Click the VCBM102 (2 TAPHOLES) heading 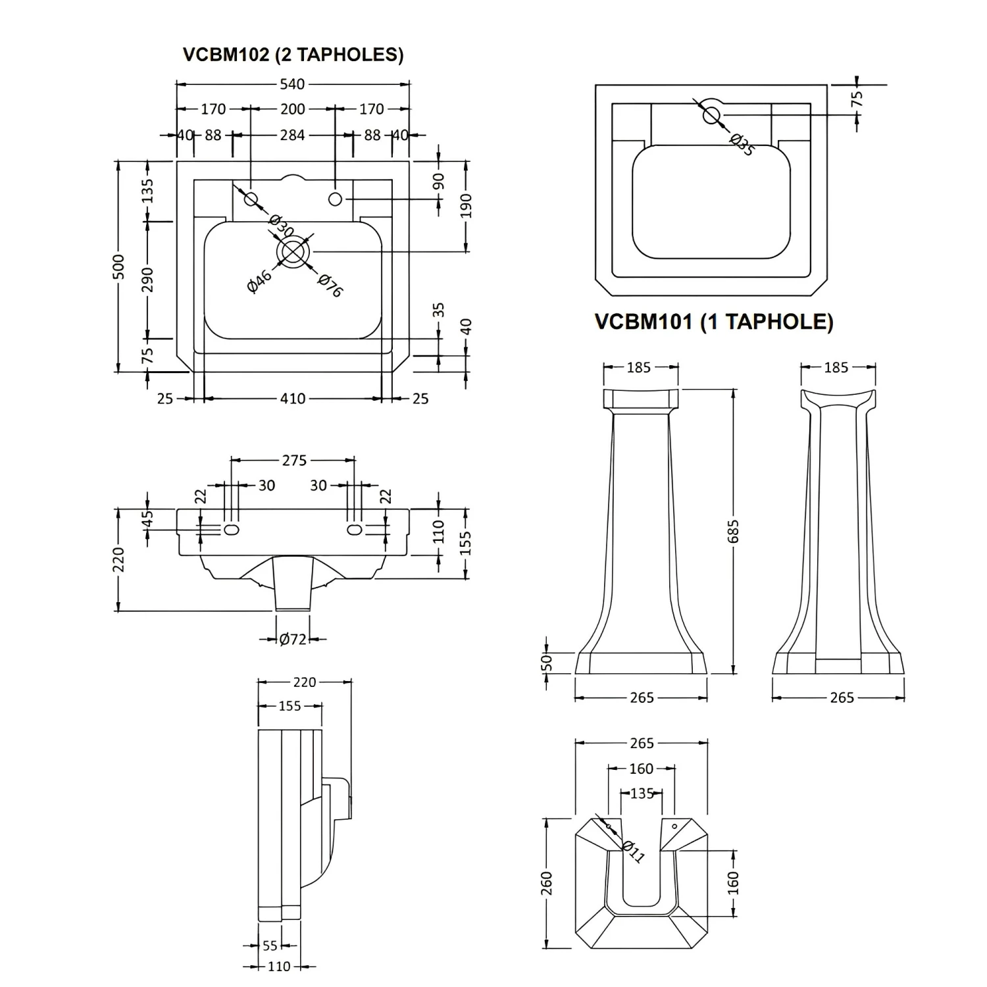293,54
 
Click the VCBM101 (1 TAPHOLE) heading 714,321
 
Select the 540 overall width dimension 292,84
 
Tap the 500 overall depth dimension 118,266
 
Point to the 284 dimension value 292,135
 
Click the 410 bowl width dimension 292,398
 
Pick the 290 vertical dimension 147,280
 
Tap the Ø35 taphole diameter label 742,143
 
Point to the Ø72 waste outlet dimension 292,639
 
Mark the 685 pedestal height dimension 734,532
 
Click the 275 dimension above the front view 294,461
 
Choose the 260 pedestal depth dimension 546,883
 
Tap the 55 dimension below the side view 270,946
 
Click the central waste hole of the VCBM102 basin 293,251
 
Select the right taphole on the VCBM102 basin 335,199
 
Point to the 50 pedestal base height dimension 546,663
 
